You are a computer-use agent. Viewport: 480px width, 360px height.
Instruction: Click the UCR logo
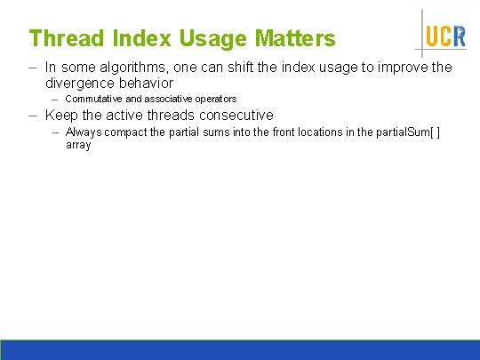444,35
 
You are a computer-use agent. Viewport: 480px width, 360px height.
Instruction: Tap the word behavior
145,82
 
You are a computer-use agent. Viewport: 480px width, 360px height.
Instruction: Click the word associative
169,99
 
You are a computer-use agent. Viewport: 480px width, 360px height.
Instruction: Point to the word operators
216,99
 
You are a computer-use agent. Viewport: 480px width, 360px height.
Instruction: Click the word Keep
61,116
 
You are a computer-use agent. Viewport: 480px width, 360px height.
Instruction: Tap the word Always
83,132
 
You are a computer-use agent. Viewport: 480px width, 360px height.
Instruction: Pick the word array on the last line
78,144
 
